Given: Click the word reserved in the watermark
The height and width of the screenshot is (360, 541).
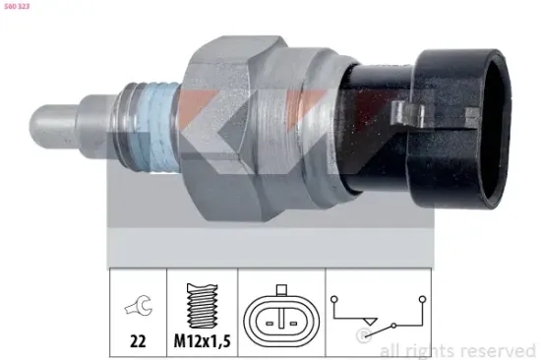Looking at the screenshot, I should pos(497,349).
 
